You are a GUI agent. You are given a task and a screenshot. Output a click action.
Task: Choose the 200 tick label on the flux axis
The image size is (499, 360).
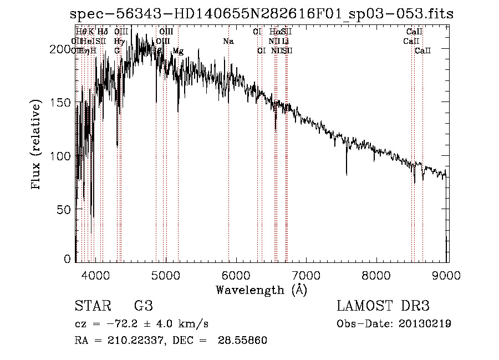tap(63, 49)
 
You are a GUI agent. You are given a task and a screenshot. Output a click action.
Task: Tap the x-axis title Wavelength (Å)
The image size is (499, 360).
tap(261, 290)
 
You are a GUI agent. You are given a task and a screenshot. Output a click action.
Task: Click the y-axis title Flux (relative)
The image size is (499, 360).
tap(37, 145)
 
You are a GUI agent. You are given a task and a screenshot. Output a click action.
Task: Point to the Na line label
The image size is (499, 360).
tap(228, 42)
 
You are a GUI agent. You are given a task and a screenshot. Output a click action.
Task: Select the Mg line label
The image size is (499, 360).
tap(178, 51)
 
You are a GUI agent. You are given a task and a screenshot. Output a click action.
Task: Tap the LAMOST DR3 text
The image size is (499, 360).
tap(383, 306)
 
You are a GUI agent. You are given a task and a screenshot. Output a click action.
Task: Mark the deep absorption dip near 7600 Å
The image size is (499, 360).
tap(347, 173)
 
